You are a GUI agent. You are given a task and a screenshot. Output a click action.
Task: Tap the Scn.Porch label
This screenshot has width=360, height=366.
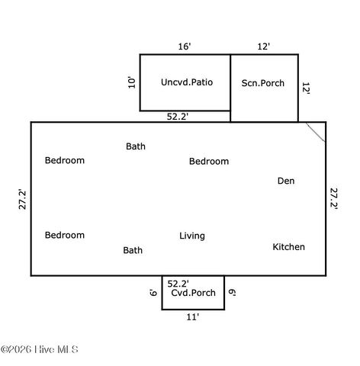(x=263, y=83)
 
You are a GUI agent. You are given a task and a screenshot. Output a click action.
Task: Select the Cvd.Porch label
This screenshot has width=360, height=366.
(x=193, y=293)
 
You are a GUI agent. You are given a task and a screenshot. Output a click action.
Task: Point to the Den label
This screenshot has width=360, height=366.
(x=285, y=181)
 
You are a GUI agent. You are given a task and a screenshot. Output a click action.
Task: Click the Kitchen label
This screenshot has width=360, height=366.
(x=288, y=247)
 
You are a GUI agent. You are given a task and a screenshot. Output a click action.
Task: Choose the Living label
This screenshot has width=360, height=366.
(x=192, y=236)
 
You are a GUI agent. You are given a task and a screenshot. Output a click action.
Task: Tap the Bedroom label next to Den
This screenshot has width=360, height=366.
(x=209, y=162)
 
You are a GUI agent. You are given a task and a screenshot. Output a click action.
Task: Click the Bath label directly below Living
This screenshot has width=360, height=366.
(x=133, y=250)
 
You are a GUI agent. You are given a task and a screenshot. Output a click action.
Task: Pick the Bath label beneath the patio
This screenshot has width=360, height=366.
(x=136, y=146)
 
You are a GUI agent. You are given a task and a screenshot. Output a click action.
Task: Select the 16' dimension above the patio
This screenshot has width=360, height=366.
(x=185, y=47)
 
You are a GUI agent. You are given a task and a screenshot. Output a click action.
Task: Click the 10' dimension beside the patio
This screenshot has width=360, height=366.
(x=132, y=82)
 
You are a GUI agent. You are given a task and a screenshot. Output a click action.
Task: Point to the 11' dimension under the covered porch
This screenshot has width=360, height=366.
(x=193, y=317)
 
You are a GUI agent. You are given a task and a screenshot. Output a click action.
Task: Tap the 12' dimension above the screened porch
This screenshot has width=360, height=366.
(x=263, y=47)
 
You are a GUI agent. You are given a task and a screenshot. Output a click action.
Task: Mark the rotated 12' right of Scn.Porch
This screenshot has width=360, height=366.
(x=305, y=88)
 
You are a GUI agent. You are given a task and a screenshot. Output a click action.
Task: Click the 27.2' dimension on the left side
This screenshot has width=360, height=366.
(x=23, y=199)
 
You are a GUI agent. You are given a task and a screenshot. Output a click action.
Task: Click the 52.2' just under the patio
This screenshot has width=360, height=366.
(x=178, y=117)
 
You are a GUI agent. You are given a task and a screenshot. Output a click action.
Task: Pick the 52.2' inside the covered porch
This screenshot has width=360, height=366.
(x=178, y=283)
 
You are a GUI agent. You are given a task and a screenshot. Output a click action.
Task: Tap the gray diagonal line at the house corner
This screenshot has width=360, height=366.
(x=316, y=131)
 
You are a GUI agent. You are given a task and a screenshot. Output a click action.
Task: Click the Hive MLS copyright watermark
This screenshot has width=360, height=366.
(x=40, y=350)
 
